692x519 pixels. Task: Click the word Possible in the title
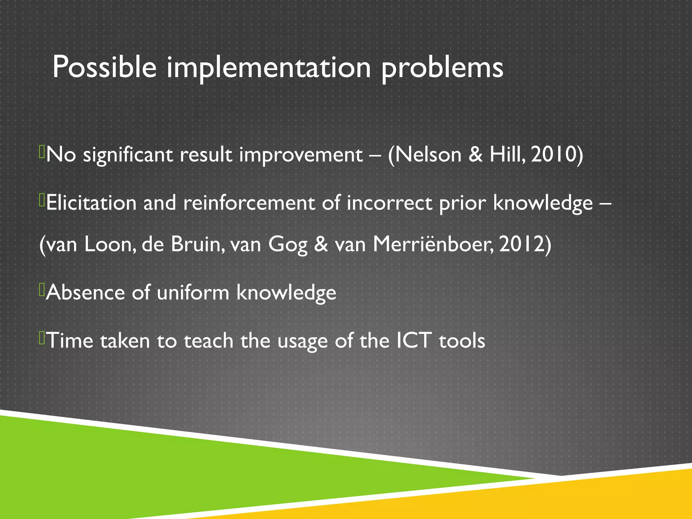click(x=104, y=67)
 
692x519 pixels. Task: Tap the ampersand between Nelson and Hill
click(x=476, y=154)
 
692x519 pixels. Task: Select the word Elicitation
click(x=91, y=203)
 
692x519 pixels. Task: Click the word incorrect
click(x=389, y=203)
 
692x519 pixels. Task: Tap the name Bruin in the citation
click(x=197, y=244)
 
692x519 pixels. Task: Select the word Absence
click(x=85, y=292)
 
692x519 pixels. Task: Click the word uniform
click(x=193, y=292)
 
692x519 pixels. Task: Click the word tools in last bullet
click(x=462, y=340)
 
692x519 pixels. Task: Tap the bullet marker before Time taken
click(x=42, y=338)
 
